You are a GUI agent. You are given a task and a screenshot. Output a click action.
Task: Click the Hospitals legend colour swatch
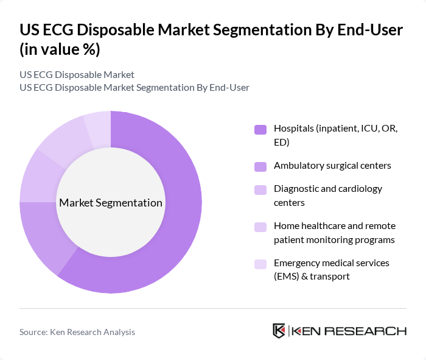coord(260,129)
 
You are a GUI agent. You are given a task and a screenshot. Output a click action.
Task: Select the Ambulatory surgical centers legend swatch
coord(260,166)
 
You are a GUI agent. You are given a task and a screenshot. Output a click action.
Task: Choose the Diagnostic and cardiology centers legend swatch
coord(260,189)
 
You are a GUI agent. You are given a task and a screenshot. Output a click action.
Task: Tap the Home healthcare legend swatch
coord(260,227)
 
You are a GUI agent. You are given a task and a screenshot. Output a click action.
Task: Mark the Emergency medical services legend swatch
coord(260,264)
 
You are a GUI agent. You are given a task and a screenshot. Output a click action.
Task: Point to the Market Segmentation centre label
coord(111,203)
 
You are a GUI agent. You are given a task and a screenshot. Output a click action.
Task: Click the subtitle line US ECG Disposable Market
coord(77,75)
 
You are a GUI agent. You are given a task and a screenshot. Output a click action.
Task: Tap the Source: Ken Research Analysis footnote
coord(77,332)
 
